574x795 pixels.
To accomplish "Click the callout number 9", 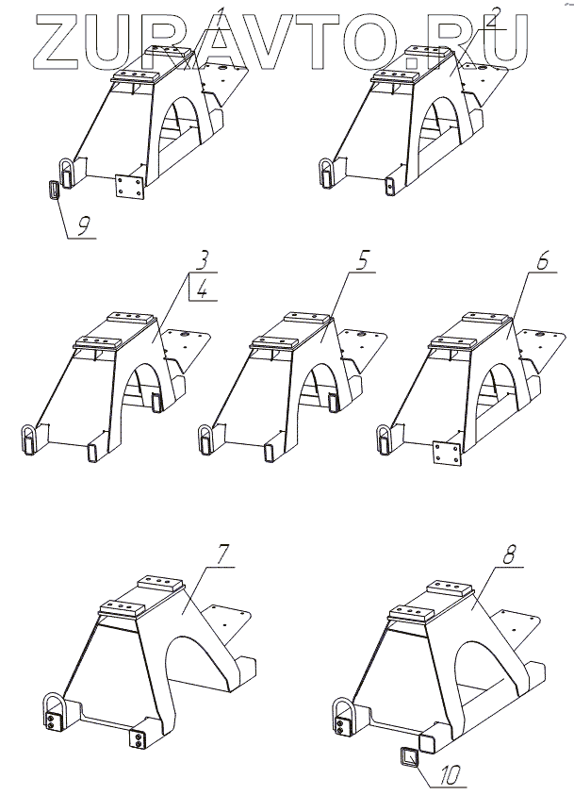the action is [x=84, y=226].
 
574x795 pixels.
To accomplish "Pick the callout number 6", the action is [x=541, y=261].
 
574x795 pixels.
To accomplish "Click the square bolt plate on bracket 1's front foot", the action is [x=128, y=185].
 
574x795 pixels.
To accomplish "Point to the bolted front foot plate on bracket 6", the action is [x=445, y=454].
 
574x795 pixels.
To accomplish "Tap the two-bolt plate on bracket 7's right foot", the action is [x=138, y=738].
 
